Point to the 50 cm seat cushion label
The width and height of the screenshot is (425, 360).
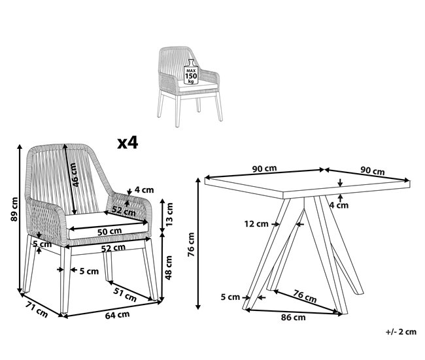coord(108,231)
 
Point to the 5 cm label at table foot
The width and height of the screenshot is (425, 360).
coord(230,297)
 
